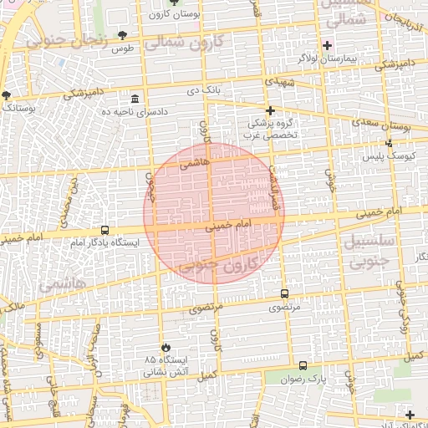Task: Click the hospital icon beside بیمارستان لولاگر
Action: [326, 45]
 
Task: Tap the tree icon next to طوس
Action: [124, 35]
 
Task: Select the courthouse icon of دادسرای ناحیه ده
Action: [135, 99]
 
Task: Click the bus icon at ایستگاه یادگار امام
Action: [104, 230]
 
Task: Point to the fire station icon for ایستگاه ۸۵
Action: [166, 346]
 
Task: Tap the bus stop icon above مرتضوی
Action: [284, 294]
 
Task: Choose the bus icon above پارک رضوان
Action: [303, 365]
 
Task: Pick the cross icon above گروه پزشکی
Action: [270, 110]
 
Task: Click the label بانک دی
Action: [203, 89]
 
